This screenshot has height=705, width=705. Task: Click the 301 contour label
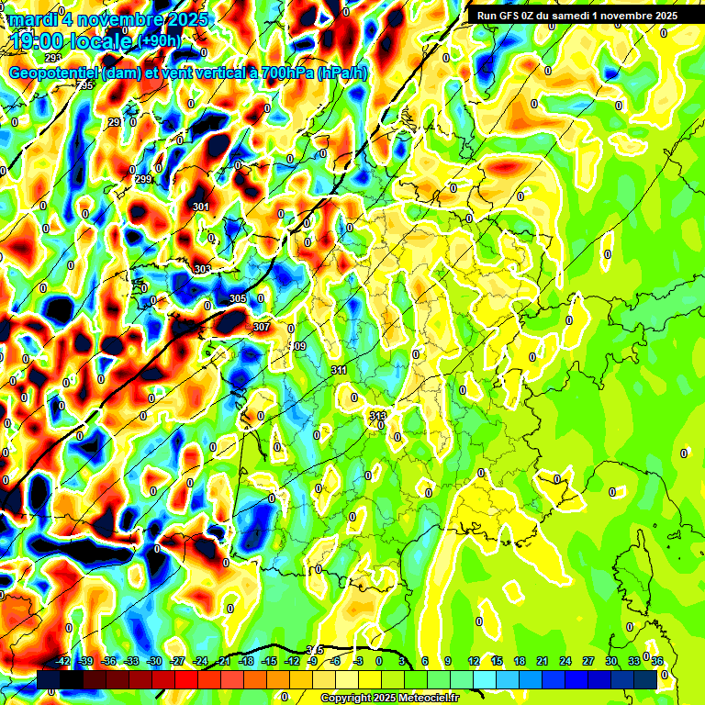tap(201, 207)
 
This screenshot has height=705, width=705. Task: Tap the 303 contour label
tap(203, 269)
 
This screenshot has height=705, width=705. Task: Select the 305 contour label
tap(238, 299)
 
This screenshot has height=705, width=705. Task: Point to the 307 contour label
tap(261, 327)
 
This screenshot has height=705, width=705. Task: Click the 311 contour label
tap(339, 370)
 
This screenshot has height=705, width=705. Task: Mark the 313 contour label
tap(377, 416)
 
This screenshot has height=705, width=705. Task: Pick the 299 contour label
tap(143, 179)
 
